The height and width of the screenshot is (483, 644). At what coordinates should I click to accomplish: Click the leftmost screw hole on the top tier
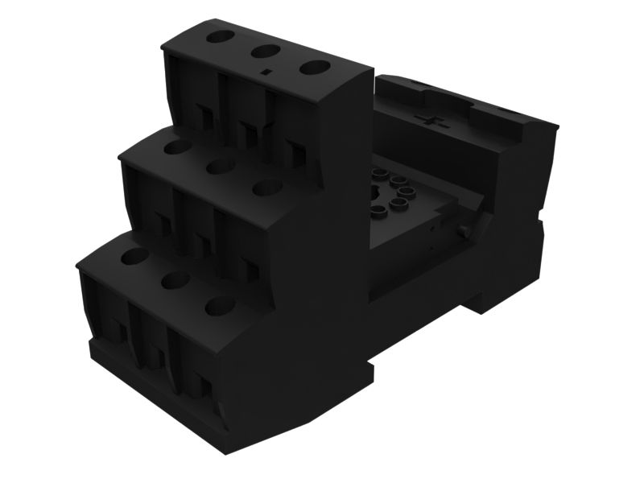point(219,37)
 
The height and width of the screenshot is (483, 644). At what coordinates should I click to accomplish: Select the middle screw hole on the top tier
point(265,52)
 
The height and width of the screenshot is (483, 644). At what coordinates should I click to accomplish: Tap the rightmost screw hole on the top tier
point(315,68)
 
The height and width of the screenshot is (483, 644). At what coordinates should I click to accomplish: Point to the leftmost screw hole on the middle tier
point(176,147)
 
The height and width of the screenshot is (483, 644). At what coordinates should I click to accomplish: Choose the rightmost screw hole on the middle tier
point(267,188)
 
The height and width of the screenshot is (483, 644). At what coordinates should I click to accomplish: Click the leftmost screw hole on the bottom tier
point(134,257)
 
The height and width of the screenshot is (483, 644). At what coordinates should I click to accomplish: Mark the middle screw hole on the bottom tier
point(175,280)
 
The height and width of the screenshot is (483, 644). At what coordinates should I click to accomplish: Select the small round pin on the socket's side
point(464,232)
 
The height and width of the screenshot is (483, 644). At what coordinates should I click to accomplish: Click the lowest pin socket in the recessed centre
point(378,211)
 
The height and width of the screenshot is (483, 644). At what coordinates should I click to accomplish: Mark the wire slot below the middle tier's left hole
point(163,225)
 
